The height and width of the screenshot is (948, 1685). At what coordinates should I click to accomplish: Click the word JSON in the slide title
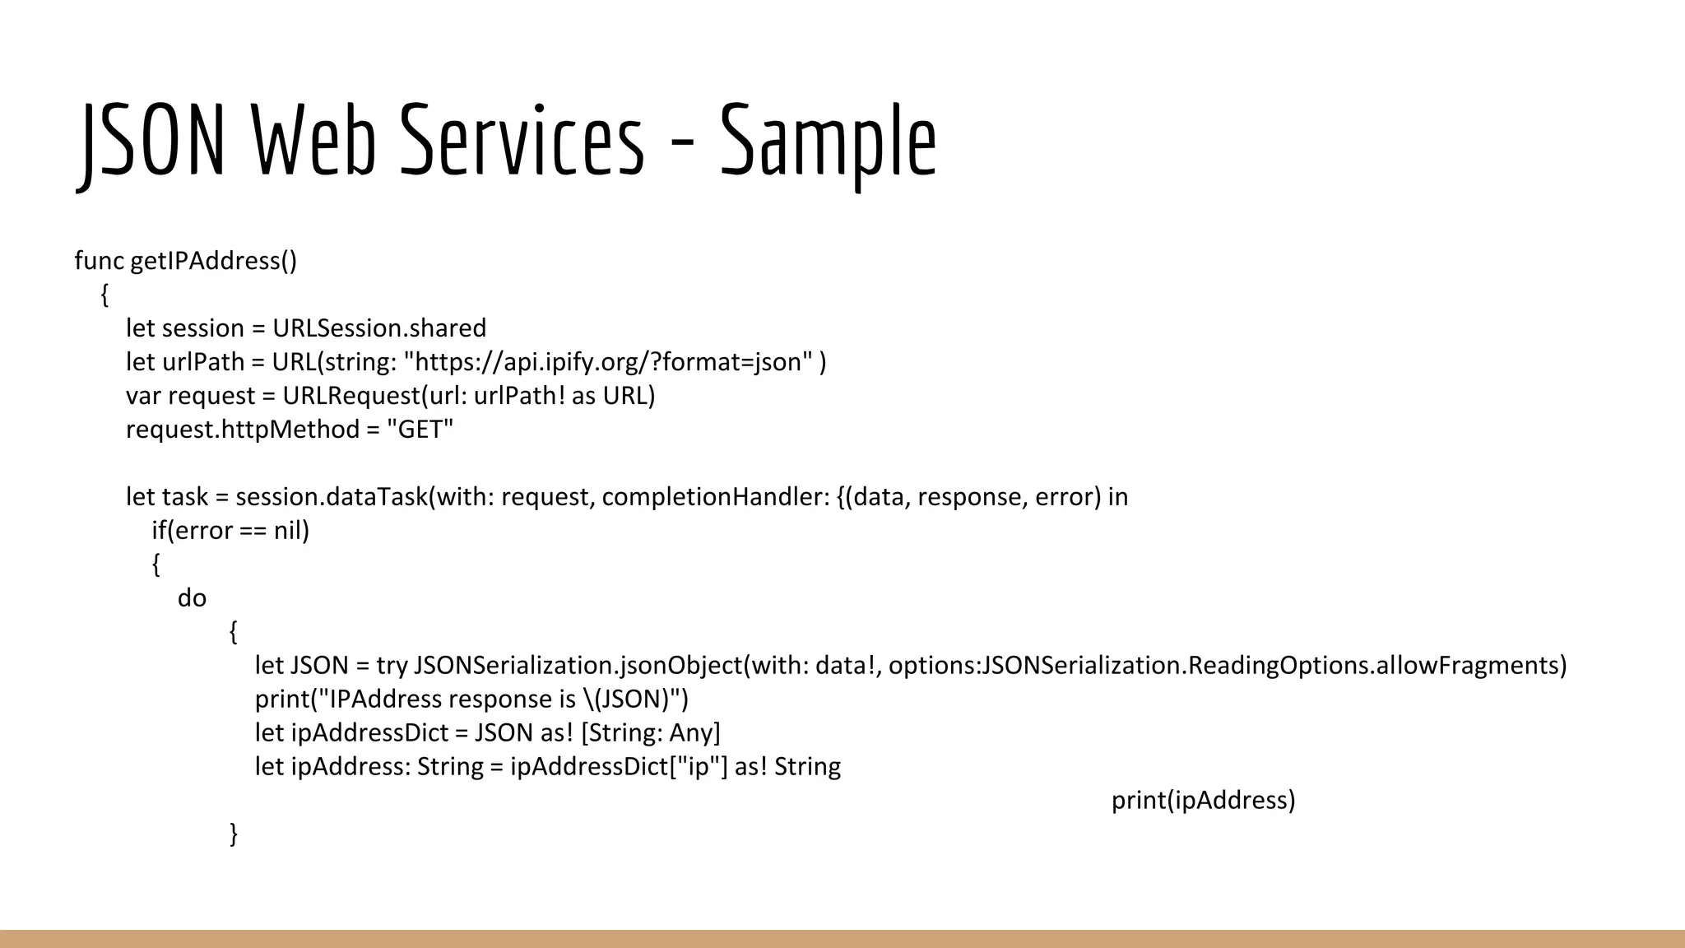(153, 140)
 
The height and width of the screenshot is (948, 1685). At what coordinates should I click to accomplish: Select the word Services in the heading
(522, 140)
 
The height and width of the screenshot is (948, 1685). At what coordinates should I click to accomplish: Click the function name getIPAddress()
(214, 261)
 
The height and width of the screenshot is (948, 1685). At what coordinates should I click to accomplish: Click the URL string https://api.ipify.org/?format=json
(608, 362)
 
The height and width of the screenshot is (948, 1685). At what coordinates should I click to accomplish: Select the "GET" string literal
(420, 430)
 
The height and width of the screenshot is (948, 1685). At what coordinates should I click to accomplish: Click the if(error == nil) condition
(230, 531)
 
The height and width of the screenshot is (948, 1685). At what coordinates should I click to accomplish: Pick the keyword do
(192, 598)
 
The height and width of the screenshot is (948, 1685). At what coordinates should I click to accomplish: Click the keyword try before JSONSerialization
(392, 666)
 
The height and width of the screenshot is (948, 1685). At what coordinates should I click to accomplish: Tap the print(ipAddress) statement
(1203, 801)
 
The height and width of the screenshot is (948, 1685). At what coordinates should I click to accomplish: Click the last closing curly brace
(234, 834)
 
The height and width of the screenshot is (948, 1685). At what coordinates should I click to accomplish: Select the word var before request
(144, 396)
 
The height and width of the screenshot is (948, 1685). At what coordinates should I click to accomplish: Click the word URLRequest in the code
(351, 396)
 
